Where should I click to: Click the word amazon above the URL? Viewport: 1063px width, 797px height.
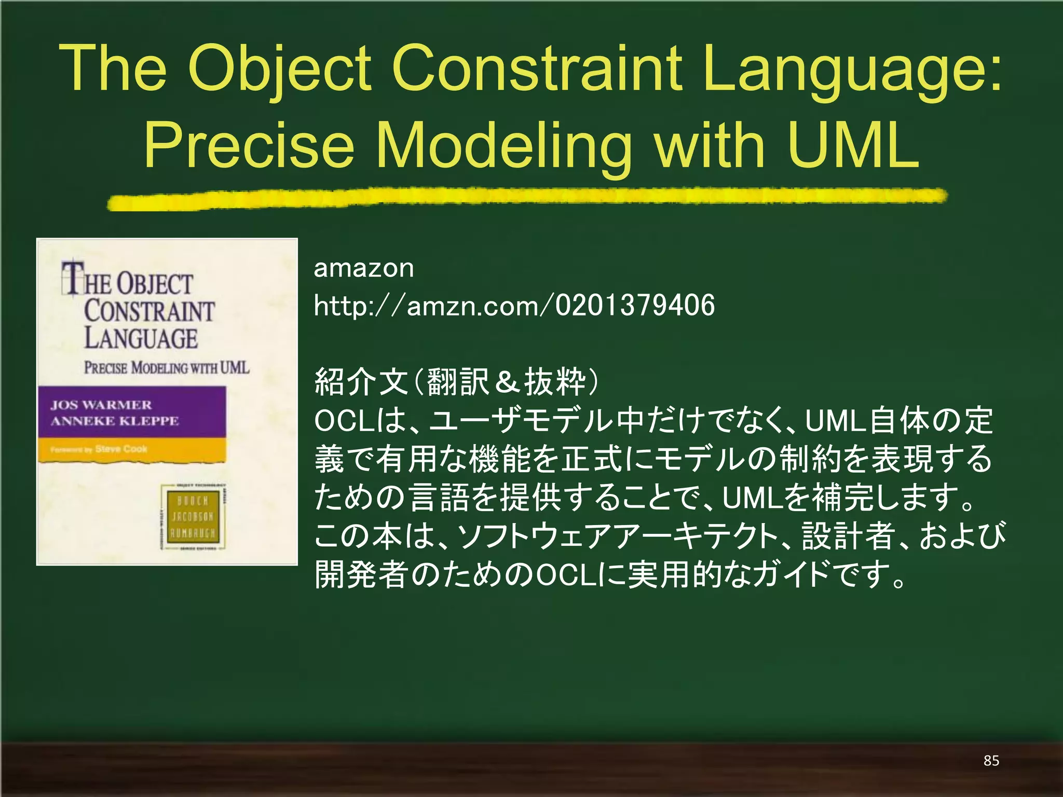pos(364,268)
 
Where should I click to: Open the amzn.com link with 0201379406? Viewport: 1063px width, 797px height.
pos(514,305)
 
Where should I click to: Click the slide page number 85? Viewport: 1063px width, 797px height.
pos(991,761)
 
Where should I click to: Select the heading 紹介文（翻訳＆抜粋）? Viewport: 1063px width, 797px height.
pos(457,381)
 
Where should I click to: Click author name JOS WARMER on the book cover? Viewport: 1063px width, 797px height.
pos(101,405)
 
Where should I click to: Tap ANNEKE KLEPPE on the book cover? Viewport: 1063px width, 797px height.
pos(115,421)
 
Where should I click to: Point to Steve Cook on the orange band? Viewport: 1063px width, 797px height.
pos(121,449)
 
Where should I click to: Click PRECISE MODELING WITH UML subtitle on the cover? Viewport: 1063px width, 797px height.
pos(167,368)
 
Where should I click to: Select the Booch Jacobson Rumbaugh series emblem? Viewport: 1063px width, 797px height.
pos(193,517)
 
